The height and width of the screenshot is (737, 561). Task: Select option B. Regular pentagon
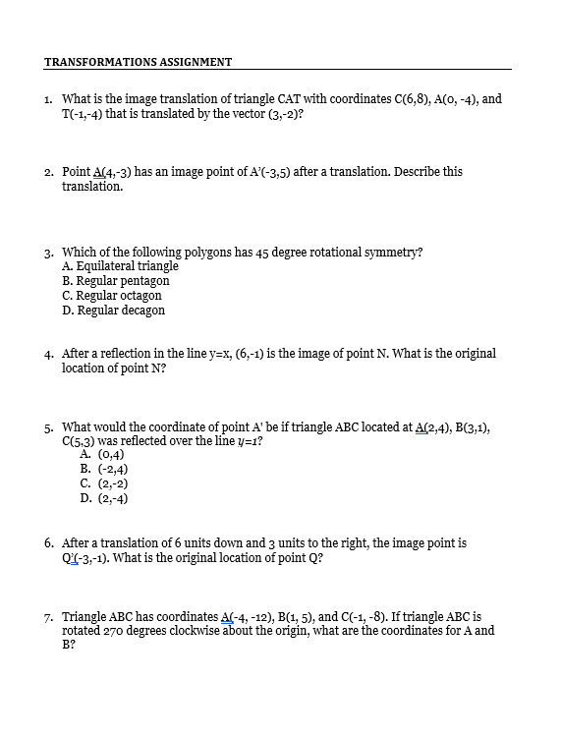pos(115,280)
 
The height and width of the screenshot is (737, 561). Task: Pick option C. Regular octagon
pos(111,295)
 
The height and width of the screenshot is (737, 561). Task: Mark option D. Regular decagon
pos(113,310)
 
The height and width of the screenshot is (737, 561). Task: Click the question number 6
pos(49,542)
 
